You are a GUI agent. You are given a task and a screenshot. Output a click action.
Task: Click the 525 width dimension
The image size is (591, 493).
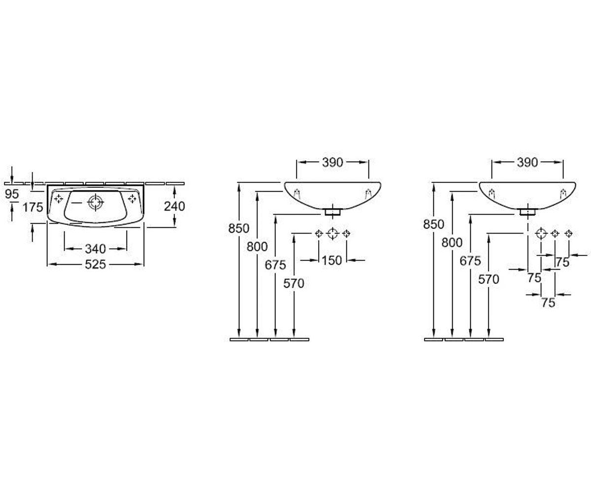pyautogui.click(x=96, y=264)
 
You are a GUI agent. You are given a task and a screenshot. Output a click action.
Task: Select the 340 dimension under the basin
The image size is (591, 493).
pyautogui.click(x=96, y=249)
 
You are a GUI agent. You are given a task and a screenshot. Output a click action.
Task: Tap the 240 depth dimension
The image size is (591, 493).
pyautogui.click(x=174, y=206)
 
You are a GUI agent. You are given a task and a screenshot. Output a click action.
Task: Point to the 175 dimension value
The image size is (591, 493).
pyautogui.click(x=33, y=208)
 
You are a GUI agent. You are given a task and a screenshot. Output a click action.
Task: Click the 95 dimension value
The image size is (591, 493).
pyautogui.click(x=12, y=194)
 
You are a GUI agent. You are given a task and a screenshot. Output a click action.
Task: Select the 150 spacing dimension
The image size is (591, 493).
pyautogui.click(x=332, y=260)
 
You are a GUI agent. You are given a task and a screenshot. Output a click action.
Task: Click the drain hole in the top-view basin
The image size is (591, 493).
pyautogui.click(x=96, y=202)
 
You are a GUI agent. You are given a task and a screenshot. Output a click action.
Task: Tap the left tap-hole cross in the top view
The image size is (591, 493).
pyautogui.click(x=59, y=199)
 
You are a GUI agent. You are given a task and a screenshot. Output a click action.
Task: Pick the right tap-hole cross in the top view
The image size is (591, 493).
pyautogui.click(x=132, y=199)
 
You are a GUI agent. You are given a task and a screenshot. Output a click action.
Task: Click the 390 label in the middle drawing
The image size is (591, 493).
pyautogui.click(x=332, y=162)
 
